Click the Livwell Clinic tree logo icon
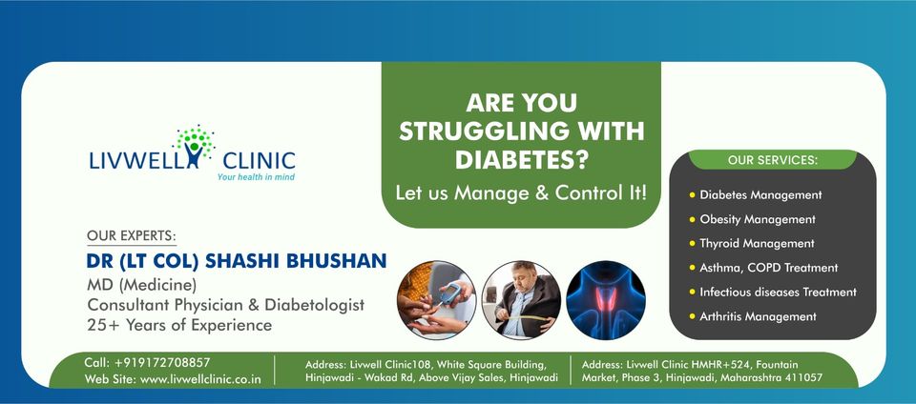pyautogui.click(x=195, y=143)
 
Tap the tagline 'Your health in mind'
pyautogui.click(x=257, y=177)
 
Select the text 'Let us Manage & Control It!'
pyautogui.click(x=521, y=192)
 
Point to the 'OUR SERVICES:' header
pyautogui.click(x=773, y=159)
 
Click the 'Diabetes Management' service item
pyautogui.click(x=760, y=194)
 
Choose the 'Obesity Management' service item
pyautogui.click(x=758, y=219)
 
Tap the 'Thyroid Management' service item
pyautogui.click(x=757, y=243)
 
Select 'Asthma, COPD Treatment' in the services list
pyautogui.click(x=768, y=268)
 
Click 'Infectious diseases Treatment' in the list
pyautogui.click(x=778, y=292)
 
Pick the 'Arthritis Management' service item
pyautogui.click(x=758, y=316)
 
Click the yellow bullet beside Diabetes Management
pyautogui.click(x=692, y=194)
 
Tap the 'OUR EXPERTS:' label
pyautogui.click(x=132, y=235)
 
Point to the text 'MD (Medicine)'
pyautogui.click(x=142, y=284)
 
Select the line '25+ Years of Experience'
pyautogui.click(x=179, y=325)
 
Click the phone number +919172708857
pyautogui.click(x=161, y=362)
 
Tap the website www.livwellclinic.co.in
pyautogui.click(x=200, y=379)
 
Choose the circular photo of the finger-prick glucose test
pyautogui.click(x=435, y=298)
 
